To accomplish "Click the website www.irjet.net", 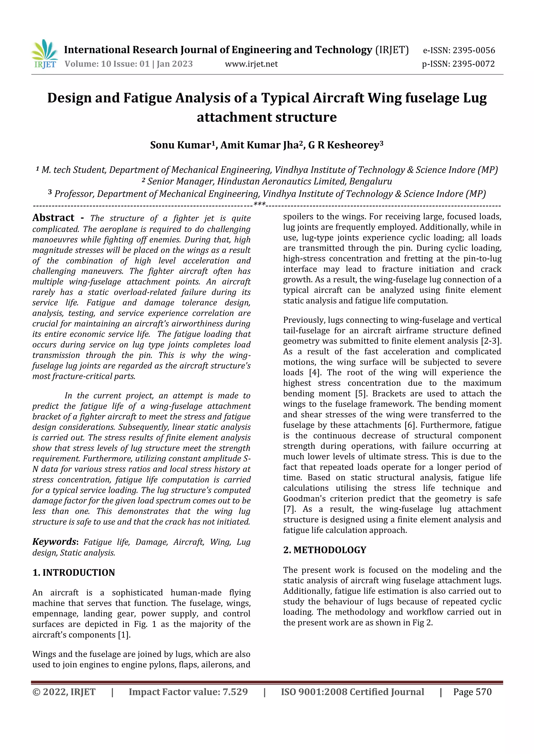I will [251, 64].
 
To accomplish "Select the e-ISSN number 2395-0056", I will [474, 51].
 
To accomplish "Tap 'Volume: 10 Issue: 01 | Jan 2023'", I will [129, 64].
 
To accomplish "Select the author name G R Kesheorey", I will [344, 145].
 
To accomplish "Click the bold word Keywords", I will [54, 542].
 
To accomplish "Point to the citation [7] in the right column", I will [289, 509].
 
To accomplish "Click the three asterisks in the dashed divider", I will [259, 205].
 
